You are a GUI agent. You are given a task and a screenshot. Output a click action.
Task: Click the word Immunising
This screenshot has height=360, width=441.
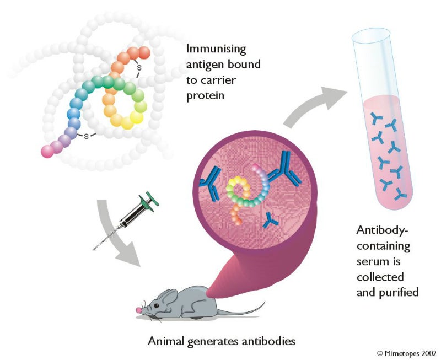(x=217, y=49)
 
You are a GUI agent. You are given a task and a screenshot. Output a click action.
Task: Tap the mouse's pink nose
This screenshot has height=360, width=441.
(x=139, y=310)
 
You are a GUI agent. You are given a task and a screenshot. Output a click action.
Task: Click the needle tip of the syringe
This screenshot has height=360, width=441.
(x=94, y=249)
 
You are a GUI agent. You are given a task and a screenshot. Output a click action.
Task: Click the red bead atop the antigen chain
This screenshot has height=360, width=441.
(x=143, y=53)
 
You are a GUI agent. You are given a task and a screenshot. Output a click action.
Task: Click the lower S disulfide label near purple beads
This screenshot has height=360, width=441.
(x=86, y=136)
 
